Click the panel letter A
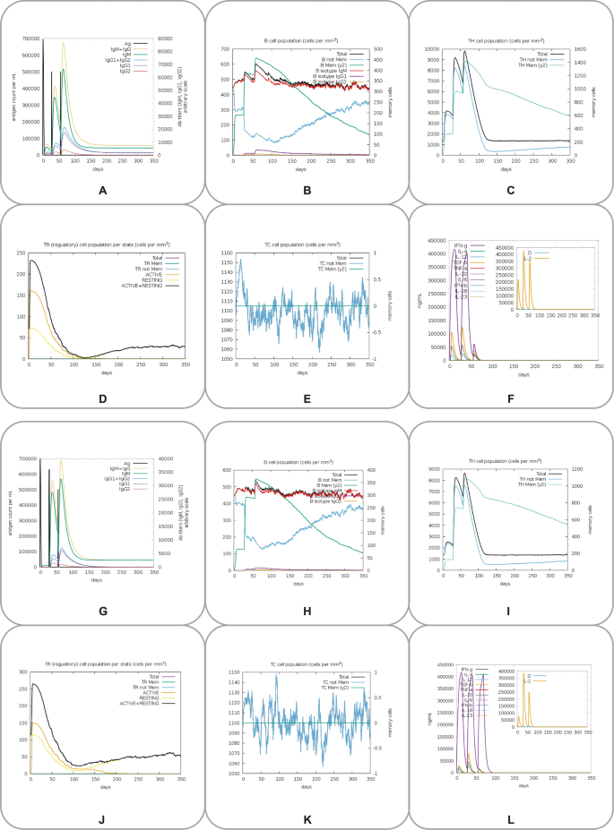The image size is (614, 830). [102, 191]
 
